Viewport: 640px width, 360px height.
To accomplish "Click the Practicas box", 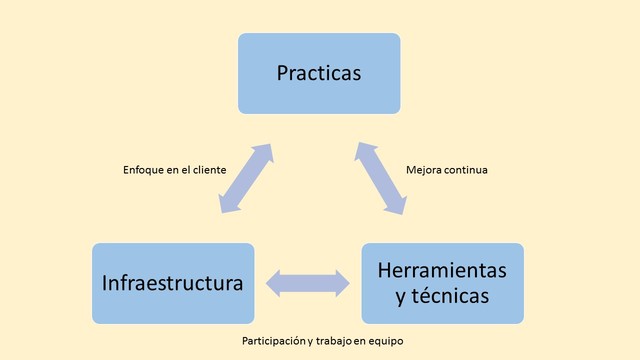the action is coord(319,73).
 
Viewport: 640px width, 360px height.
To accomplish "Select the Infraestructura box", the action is coord(173,283).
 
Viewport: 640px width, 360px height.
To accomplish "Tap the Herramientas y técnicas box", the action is coord(442,283).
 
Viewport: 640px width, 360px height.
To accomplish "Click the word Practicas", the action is coord(319,73).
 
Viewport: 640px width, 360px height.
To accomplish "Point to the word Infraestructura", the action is coord(173,283).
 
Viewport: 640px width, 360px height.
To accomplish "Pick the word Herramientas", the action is coord(442,270).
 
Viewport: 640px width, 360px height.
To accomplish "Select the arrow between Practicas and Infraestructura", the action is coord(245,178).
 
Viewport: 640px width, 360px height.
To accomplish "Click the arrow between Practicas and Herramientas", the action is coord(382,178).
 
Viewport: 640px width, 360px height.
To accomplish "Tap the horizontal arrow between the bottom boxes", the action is coord(308,283).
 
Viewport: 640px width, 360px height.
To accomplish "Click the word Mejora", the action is coord(424,170).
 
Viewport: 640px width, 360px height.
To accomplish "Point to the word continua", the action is coord(467,170).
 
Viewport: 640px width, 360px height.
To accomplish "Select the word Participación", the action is coord(274,341).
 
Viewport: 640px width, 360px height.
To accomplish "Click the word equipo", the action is coord(386,341).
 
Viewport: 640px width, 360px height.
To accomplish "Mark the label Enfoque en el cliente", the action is coord(174,170).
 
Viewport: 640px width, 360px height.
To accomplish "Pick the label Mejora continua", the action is coord(447,170).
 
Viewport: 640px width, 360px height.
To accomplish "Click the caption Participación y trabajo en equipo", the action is coord(323,341).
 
